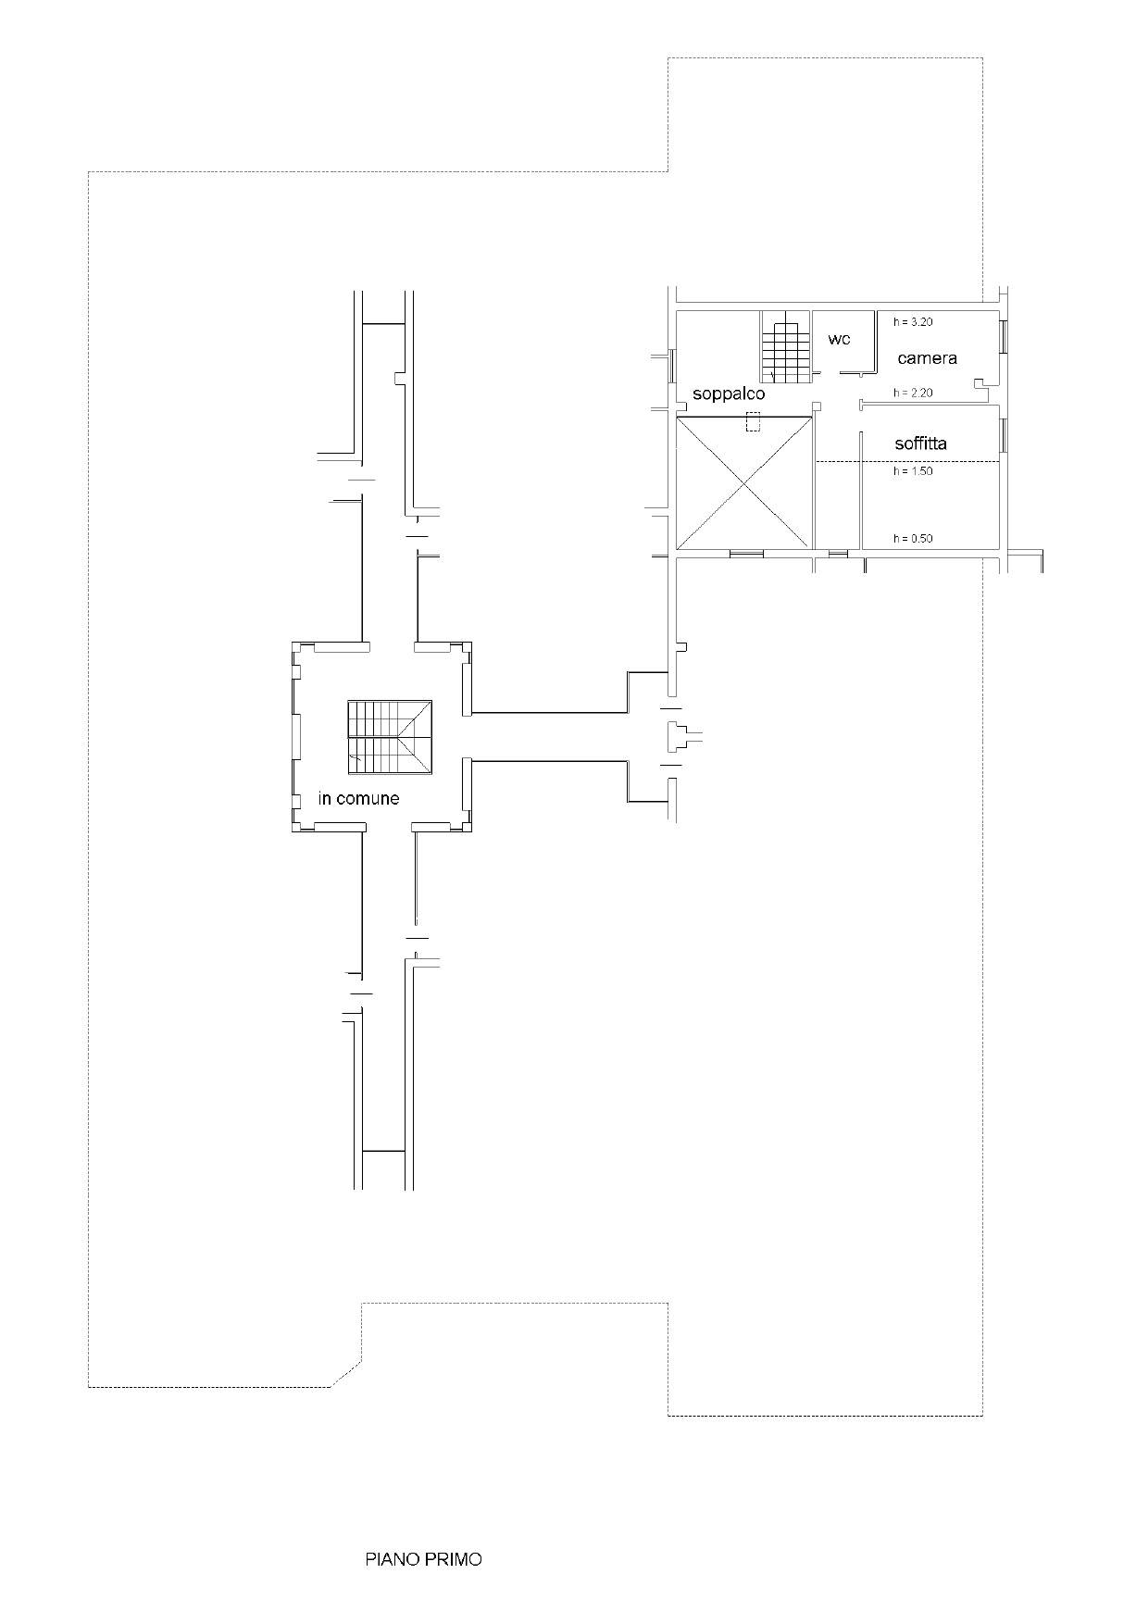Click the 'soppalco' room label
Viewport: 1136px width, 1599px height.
[x=729, y=394]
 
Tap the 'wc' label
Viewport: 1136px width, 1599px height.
[x=839, y=340]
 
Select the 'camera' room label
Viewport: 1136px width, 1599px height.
[x=927, y=358]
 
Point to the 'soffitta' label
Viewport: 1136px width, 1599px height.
[x=920, y=443]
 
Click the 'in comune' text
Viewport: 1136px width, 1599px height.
[x=358, y=798]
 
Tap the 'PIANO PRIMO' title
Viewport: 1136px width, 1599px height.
[x=423, y=1559]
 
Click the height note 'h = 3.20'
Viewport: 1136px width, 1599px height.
[x=913, y=322]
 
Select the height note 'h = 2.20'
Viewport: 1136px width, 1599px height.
[x=913, y=393]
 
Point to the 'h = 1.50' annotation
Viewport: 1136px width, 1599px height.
[x=913, y=471]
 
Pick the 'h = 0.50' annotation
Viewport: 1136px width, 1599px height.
[x=913, y=538]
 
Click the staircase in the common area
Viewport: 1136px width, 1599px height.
[x=390, y=737]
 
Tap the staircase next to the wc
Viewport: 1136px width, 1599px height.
[x=786, y=346]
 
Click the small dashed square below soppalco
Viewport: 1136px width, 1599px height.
[x=754, y=421]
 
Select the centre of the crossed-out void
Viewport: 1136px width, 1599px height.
[x=744, y=482]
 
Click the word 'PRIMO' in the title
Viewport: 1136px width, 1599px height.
[x=454, y=1559]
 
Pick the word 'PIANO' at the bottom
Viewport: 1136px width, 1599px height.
[x=393, y=1559]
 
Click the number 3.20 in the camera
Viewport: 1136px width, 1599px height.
[x=921, y=322]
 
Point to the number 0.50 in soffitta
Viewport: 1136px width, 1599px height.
[x=921, y=538]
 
